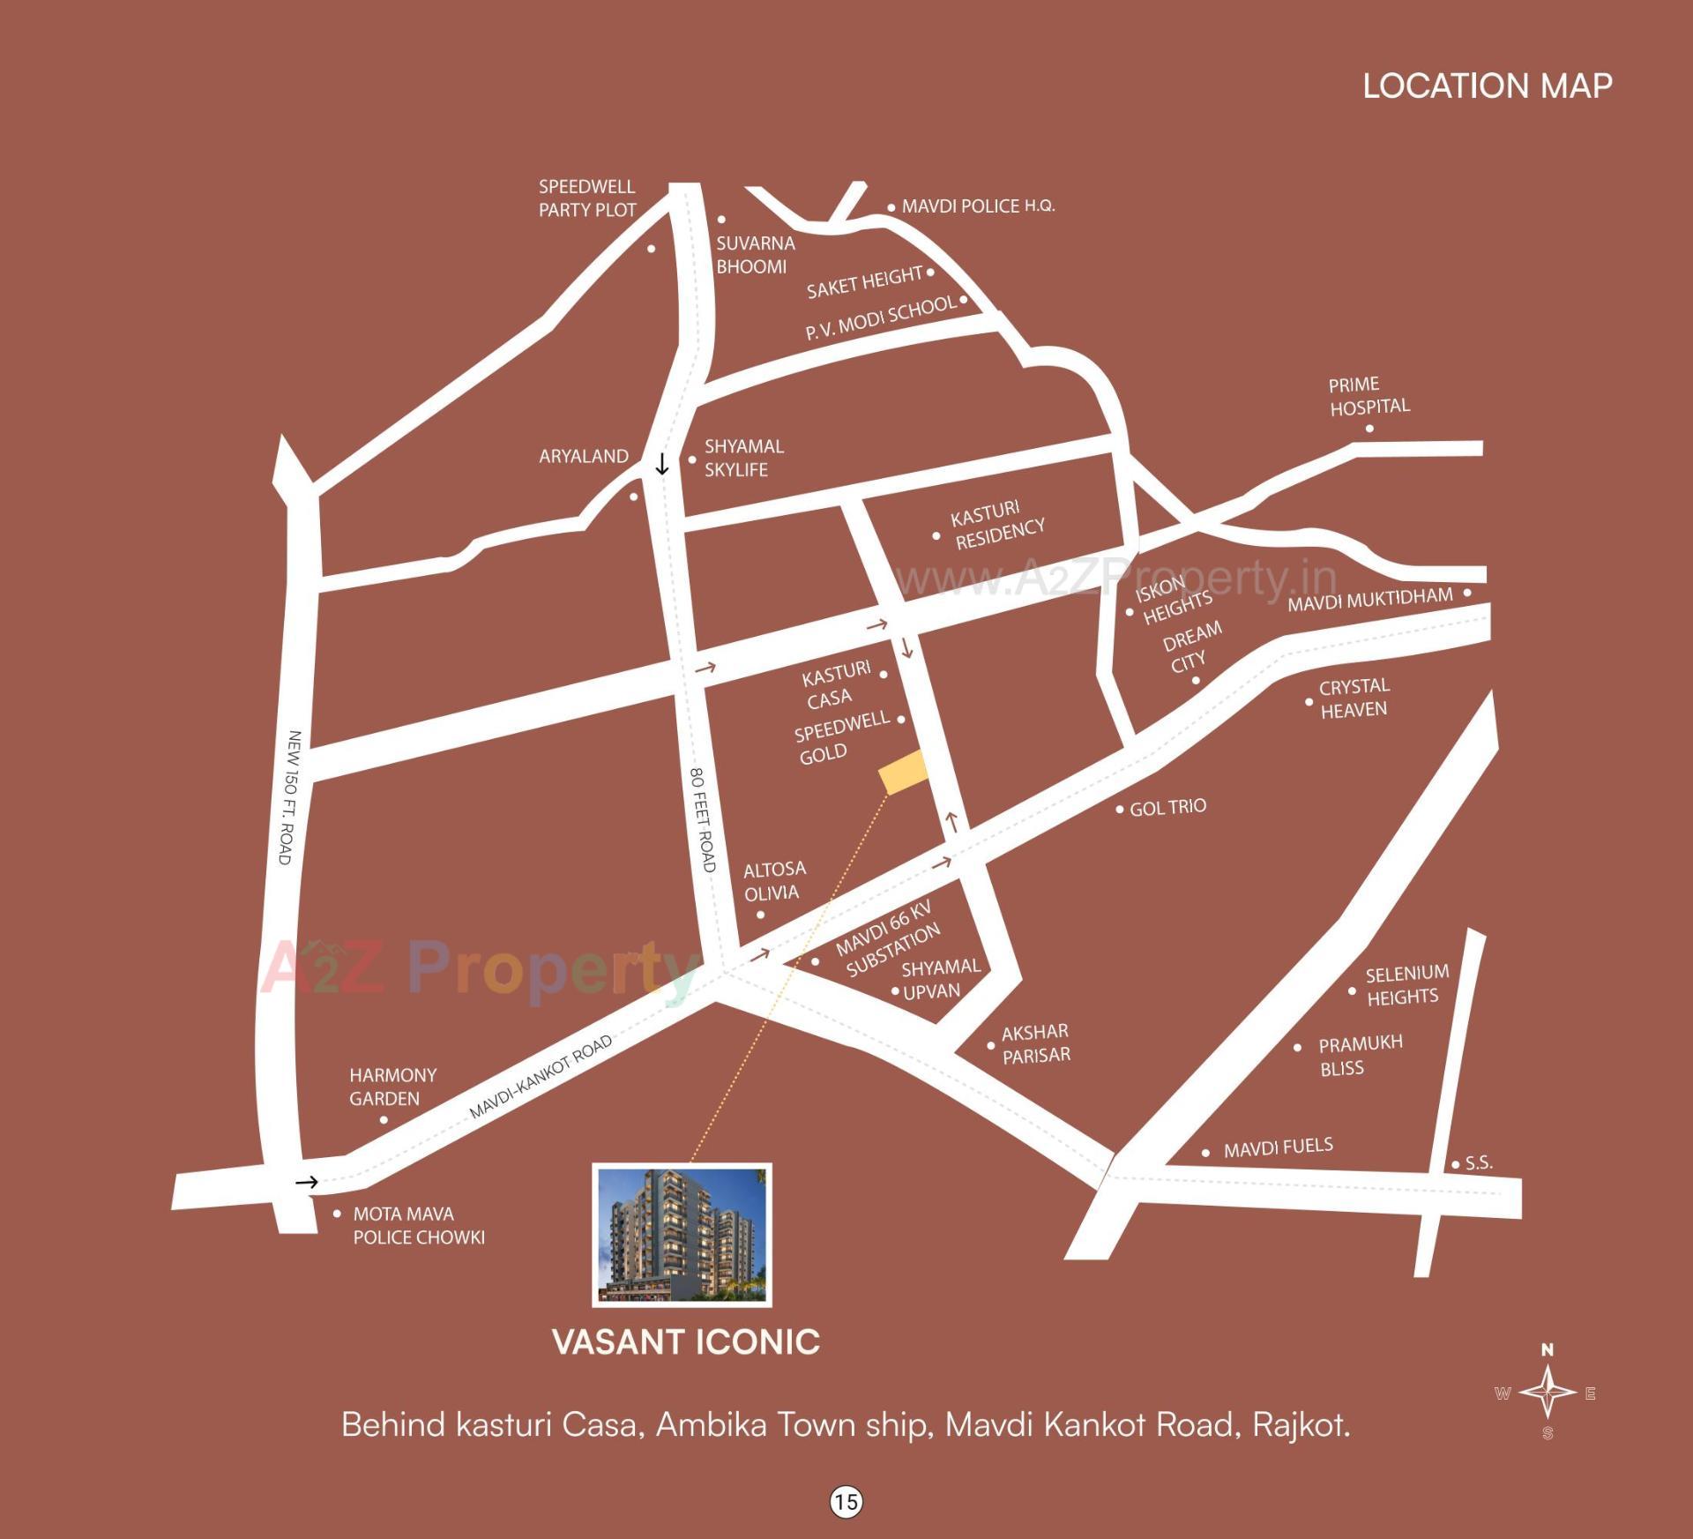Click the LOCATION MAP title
1488,86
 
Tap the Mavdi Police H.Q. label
978,206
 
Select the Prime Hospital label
1369,396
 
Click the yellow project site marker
904,773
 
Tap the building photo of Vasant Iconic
682,1234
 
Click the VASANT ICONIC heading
686,1342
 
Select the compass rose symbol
1548,1393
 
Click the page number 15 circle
846,1501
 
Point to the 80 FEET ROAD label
702,819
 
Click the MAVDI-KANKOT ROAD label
540,1078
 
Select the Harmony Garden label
393,1087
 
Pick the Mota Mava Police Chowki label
419,1225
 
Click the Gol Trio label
1167,807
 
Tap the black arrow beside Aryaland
662,464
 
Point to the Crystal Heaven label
1354,698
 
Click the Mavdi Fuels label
1278,1147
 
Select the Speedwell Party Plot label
587,198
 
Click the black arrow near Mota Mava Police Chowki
306,1182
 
